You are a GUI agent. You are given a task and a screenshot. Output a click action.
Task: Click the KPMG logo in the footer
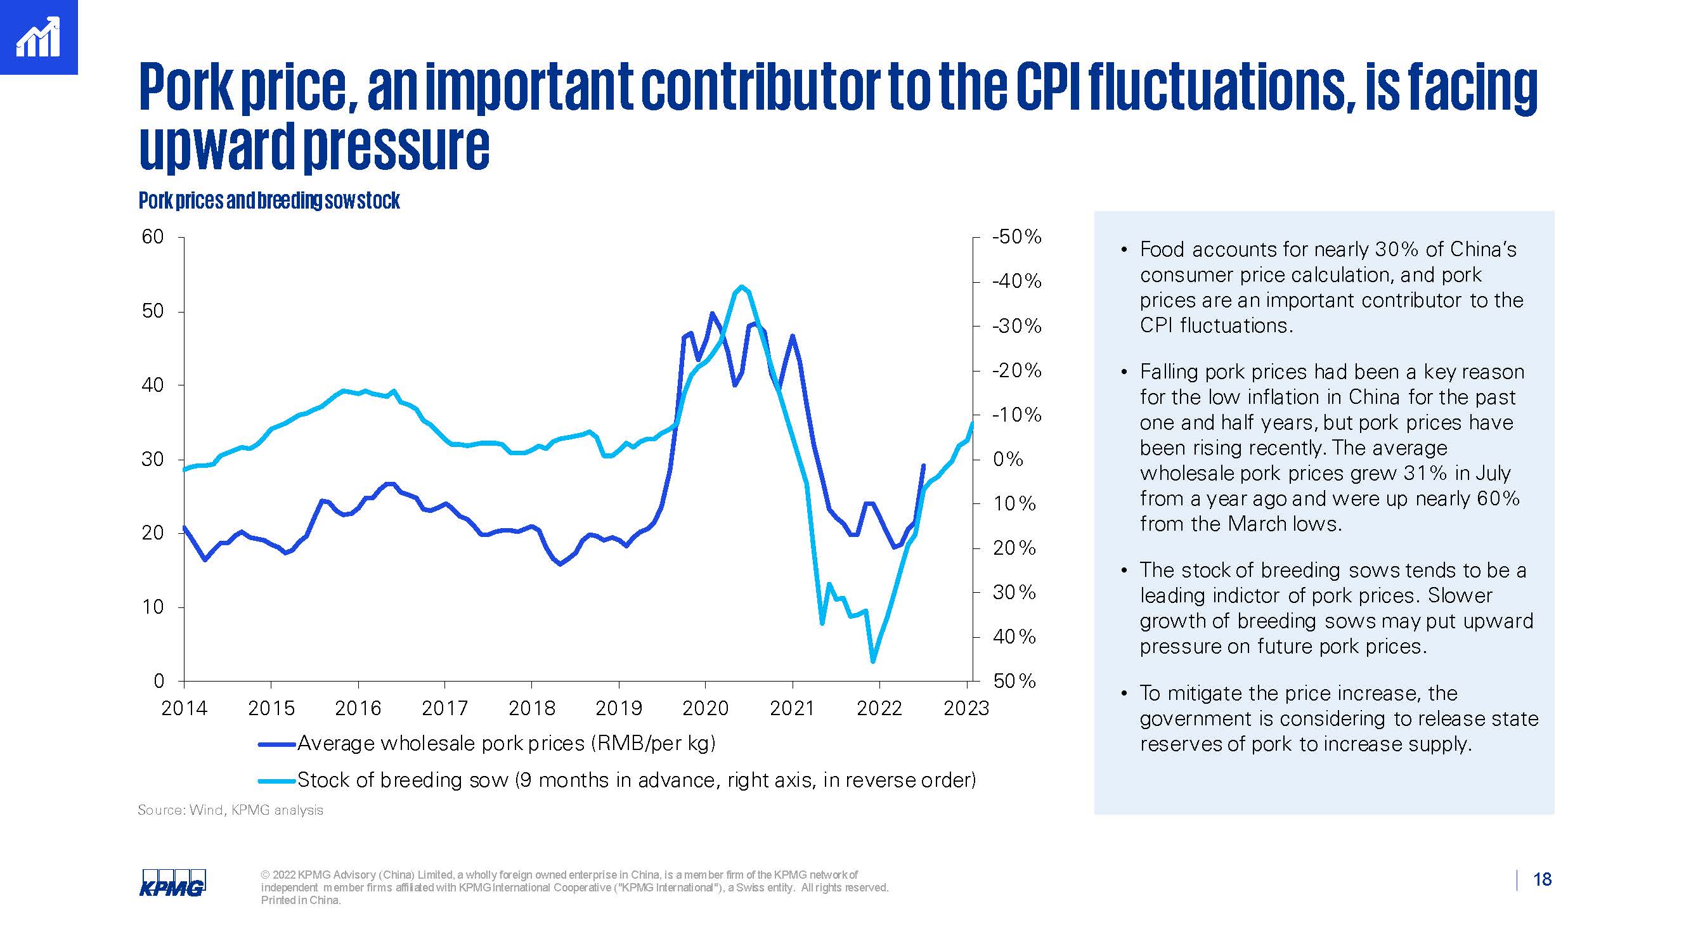pyautogui.click(x=172, y=882)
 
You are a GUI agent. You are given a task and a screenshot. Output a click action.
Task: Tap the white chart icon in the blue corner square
pyautogui.click(x=38, y=37)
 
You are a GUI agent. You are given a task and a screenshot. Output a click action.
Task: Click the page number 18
pyautogui.click(x=1542, y=879)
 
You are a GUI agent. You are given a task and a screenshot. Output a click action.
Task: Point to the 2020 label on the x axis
pyautogui.click(x=705, y=708)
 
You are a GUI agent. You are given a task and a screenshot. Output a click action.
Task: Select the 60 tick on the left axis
pyautogui.click(x=152, y=237)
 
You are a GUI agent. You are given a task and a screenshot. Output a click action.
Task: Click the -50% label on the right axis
pyautogui.click(x=1017, y=237)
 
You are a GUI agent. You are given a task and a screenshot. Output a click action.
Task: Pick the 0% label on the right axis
pyautogui.click(x=1008, y=459)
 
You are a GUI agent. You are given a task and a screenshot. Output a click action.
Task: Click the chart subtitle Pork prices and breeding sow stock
pyautogui.click(x=269, y=200)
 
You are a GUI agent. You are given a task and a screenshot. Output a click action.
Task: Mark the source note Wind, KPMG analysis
pyautogui.click(x=230, y=810)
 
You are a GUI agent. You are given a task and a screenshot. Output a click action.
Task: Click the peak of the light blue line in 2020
pyautogui.click(x=741, y=286)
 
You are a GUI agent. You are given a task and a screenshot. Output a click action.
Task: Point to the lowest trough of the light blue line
pyautogui.click(x=872, y=661)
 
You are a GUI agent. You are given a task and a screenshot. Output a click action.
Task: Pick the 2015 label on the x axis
pyautogui.click(x=271, y=708)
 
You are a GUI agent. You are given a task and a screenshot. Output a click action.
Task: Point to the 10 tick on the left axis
pyautogui.click(x=152, y=607)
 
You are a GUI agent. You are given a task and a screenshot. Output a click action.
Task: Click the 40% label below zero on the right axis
pyautogui.click(x=1014, y=637)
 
